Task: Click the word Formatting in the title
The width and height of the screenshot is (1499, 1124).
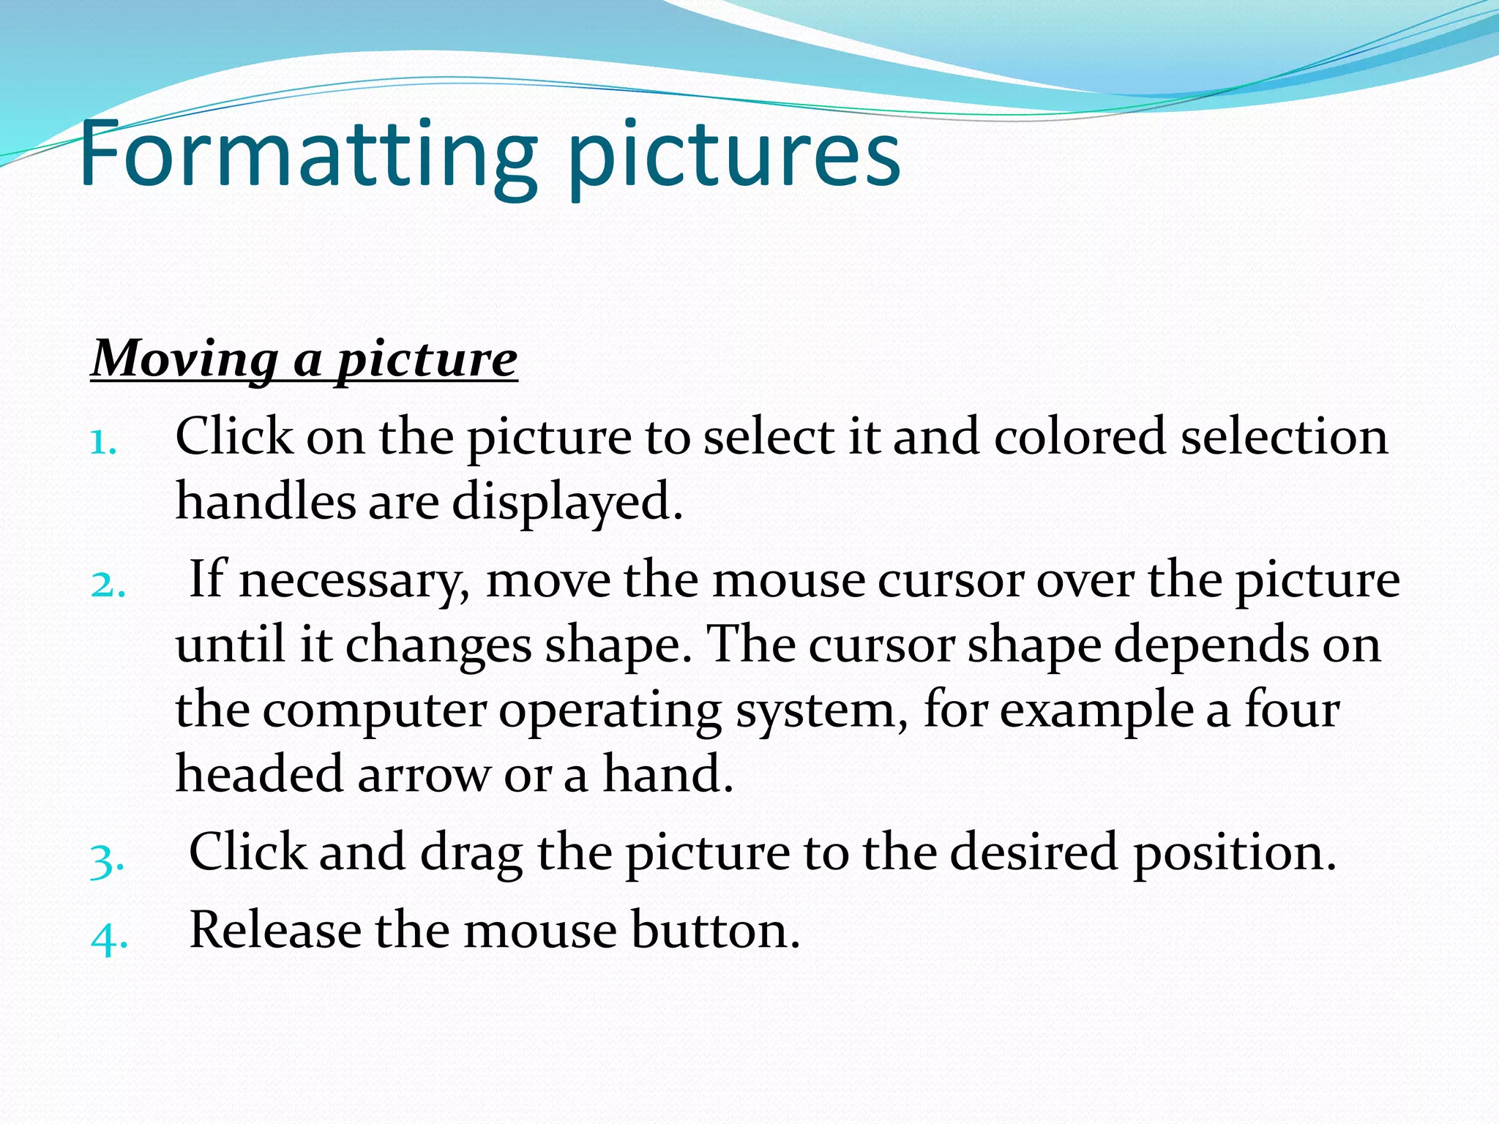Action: [307, 155]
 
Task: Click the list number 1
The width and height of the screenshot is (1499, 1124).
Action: [102, 442]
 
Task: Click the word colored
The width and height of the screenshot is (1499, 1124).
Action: [1080, 437]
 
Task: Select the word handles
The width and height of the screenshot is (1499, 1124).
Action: [265, 502]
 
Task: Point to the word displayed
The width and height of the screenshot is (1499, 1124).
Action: [567, 503]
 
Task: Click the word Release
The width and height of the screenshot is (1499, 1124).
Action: [275, 930]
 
